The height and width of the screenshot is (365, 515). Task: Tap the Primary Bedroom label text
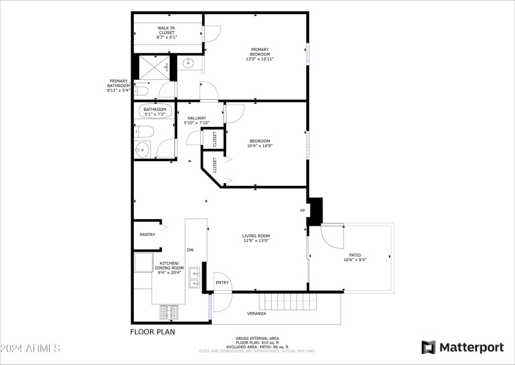tap(259, 54)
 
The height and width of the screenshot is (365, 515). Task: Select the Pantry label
tap(147, 235)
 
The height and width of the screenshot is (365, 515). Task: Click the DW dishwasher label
tap(190, 250)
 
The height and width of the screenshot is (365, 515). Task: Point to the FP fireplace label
tap(302, 211)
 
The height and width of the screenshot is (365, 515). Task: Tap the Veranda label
tap(257, 313)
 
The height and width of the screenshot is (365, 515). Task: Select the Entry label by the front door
tap(222, 282)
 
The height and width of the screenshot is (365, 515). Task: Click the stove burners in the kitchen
tap(169, 311)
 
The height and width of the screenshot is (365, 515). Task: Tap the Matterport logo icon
tap(428, 348)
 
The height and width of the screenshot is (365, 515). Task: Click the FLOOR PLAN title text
tap(152, 332)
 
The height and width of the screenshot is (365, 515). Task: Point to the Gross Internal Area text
tap(257, 338)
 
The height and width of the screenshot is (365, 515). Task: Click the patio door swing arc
tap(332, 237)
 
